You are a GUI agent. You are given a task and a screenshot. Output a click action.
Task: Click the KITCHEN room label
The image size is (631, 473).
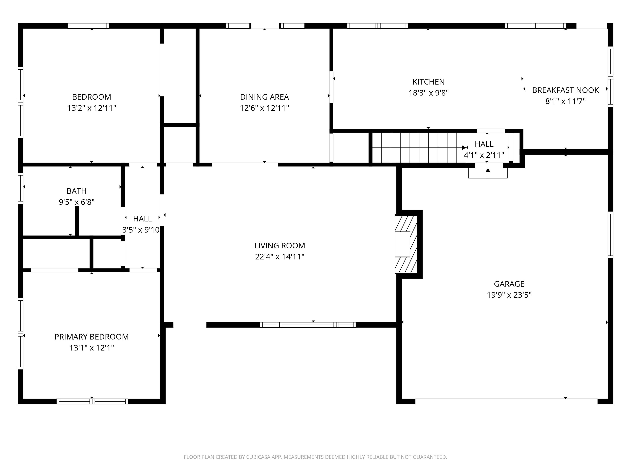pos(428,82)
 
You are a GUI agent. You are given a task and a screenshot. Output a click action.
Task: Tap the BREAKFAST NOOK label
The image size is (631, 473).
pos(565,90)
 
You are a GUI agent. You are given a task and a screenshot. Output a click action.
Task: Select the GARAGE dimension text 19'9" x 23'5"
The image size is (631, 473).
pos(509,295)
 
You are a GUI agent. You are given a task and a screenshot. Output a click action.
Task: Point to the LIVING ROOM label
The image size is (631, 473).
pos(280,246)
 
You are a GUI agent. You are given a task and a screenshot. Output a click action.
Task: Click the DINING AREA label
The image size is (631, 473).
pos(264,97)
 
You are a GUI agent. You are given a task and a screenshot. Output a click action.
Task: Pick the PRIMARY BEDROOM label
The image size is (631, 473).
pos(92,337)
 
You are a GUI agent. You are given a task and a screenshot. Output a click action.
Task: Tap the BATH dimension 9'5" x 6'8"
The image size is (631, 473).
pos(76,202)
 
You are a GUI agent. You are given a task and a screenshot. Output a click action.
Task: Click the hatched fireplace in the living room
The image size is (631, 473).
pos(406,244)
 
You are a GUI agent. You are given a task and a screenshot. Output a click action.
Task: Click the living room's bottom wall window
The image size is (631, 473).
pos(308,325)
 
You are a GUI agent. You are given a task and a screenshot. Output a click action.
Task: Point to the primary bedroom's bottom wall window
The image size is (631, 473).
pos(92,401)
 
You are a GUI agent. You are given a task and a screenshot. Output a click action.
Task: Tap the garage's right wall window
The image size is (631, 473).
pos(610,235)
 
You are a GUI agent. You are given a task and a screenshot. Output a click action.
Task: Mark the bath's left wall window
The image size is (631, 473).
pos(21,188)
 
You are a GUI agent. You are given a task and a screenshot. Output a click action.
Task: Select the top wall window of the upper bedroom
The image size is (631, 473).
pos(89,26)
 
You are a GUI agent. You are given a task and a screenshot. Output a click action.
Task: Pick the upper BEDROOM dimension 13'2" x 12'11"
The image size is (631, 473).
pos(92,108)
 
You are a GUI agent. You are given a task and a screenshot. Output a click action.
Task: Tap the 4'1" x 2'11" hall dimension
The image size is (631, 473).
pos(484,155)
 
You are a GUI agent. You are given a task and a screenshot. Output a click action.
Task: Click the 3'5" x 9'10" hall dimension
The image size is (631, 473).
pos(141,230)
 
